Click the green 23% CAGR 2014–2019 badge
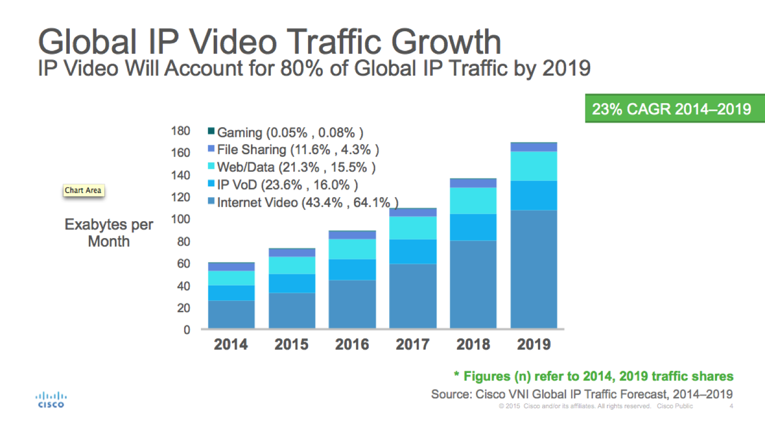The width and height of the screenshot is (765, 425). click(x=674, y=108)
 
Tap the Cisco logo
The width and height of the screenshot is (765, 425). click(x=50, y=400)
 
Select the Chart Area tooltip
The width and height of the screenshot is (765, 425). click(x=83, y=191)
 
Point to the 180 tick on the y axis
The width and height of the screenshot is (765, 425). click(x=180, y=131)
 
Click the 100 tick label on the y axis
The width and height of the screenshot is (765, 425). click(x=180, y=219)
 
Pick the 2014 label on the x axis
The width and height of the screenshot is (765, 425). click(x=231, y=344)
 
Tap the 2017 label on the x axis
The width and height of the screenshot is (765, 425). click(x=413, y=344)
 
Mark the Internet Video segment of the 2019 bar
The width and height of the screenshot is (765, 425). click(x=533, y=268)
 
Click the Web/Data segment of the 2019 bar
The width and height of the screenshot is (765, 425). click(x=533, y=166)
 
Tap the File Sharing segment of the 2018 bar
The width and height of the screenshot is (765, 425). click(x=473, y=183)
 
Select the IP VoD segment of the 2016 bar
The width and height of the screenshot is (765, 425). click(x=352, y=269)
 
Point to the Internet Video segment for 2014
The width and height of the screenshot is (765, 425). click(x=231, y=314)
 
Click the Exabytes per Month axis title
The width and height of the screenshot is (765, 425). click(x=109, y=233)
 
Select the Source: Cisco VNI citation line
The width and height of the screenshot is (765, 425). click(x=581, y=394)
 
